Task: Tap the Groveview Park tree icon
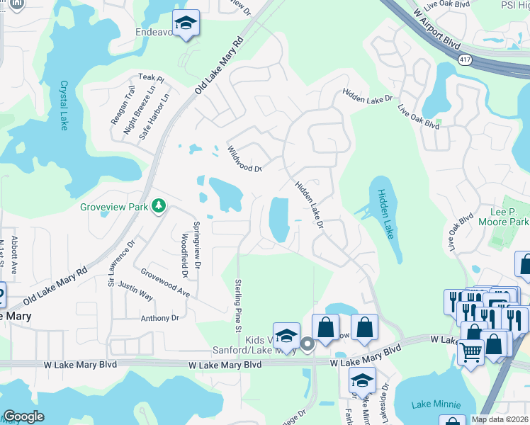pos(161,206)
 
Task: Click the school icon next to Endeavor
pos(186,25)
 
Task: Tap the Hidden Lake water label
pos(386,212)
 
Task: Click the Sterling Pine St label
pos(238,302)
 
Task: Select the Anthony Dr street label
pos(159,318)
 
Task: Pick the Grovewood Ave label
pos(165,282)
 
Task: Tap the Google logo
pos(23,416)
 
